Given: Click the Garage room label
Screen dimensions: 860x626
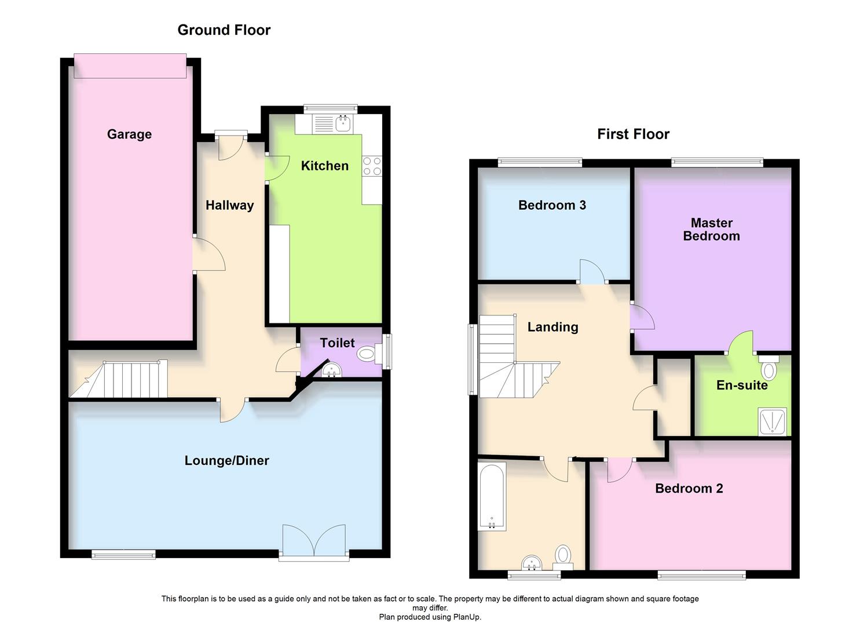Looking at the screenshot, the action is (129, 134).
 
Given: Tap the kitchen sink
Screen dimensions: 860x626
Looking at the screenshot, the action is (342, 123).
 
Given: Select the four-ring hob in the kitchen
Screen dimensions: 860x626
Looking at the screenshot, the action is (372, 166).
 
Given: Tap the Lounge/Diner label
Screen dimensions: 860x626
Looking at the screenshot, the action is (226, 461).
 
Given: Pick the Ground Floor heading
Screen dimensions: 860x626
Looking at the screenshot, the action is (224, 30).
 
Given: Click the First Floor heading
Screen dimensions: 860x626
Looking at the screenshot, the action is (633, 134).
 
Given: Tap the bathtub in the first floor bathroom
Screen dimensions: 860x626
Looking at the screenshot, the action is (492, 497).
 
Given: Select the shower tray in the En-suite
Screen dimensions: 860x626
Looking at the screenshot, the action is (772, 421).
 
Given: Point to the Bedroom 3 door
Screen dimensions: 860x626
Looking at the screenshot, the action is (593, 272).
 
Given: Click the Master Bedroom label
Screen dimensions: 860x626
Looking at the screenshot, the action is (711, 230).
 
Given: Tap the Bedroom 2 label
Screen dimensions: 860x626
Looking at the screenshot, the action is (689, 489).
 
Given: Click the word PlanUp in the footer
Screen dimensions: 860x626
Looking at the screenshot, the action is (466, 617).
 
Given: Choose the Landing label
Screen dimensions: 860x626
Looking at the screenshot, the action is (552, 327).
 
